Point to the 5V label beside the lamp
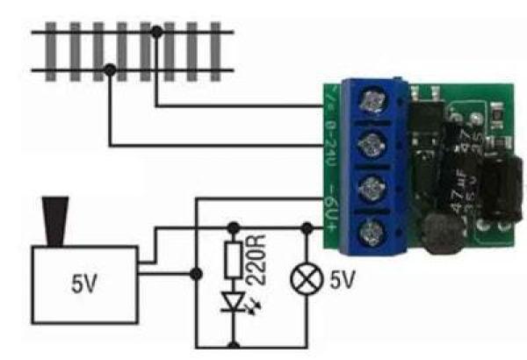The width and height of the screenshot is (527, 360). point(343,282)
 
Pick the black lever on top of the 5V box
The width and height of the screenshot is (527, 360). point(57,220)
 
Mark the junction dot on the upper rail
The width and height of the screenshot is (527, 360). point(156,32)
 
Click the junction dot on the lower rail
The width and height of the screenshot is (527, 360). point(109,69)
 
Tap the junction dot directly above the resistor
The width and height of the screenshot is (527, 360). point(234,227)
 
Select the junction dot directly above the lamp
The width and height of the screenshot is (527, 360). point(305,227)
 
